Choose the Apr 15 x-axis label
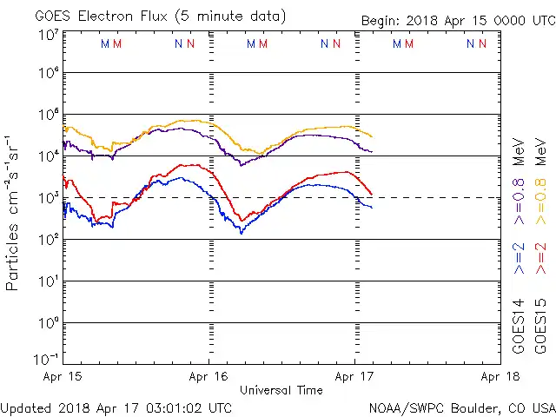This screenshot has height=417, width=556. (63, 376)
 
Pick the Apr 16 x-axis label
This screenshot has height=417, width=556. (208, 376)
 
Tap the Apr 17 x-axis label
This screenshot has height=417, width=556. (354, 376)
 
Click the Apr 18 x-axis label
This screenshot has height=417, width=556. (500, 376)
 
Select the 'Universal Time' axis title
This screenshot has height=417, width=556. (281, 390)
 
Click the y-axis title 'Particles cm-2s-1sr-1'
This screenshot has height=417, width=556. (14, 212)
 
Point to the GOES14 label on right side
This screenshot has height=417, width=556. (519, 326)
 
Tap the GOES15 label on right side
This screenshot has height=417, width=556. (541, 326)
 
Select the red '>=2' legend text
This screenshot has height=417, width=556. (541, 258)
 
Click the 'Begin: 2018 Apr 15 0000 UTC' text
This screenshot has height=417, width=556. (457, 21)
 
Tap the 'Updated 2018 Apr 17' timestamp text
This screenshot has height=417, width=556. (116, 407)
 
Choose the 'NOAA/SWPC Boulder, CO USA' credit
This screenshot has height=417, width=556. (461, 407)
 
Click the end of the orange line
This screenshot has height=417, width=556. (373, 136)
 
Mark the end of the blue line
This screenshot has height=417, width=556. (373, 207)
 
